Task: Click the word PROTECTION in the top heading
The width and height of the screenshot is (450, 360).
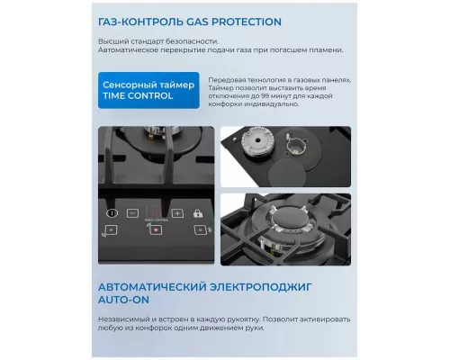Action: click(x=240, y=21)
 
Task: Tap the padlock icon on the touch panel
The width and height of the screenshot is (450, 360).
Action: click(x=197, y=213)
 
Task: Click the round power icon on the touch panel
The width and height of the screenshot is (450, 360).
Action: click(x=112, y=214)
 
